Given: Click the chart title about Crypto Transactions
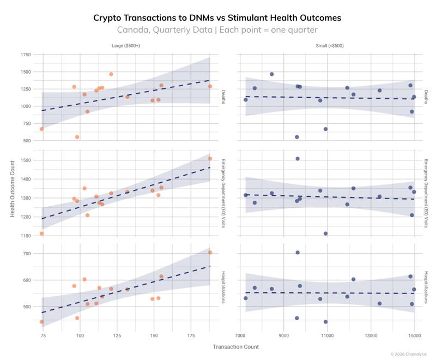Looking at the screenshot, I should (217, 17).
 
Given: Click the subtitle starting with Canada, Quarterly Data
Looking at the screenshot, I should (217, 30).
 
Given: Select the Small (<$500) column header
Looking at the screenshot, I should (330, 46).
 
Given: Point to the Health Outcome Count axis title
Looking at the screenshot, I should (13, 188).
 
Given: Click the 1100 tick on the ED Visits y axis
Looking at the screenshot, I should (25, 236).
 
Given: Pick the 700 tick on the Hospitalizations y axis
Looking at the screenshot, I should (27, 254).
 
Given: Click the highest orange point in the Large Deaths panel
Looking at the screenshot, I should (111, 74).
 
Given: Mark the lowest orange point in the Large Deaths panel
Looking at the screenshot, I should (77, 137).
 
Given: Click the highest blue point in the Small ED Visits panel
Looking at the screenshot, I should (298, 159).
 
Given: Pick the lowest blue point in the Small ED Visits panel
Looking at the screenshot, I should (325, 233).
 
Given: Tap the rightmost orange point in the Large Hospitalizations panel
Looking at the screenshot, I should (210, 253).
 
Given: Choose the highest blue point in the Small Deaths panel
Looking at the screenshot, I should (271, 74).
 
